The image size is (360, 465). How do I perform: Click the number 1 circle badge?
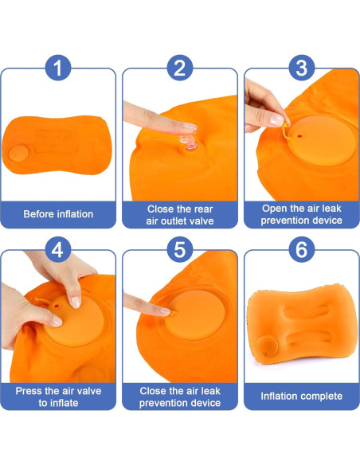coord(57,68)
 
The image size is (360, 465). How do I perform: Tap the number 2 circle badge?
coord(179,68)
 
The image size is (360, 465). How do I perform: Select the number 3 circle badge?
coord(300,68)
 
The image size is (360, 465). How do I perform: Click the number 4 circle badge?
coord(57,250)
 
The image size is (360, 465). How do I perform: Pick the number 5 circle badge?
coord(179,250)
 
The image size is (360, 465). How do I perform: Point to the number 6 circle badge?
coord(300,250)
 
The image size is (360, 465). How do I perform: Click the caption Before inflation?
coord(58,213)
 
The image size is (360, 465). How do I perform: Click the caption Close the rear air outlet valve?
coord(179,214)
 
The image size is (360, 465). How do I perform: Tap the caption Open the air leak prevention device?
coord(301,214)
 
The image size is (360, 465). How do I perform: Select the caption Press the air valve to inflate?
coord(58,396)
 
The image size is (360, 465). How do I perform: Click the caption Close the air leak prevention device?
coord(179,396)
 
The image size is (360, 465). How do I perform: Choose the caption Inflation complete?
coord(301,396)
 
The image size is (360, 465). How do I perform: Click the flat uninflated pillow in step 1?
coord(60,148)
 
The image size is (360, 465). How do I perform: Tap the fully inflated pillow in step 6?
coord(301,326)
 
